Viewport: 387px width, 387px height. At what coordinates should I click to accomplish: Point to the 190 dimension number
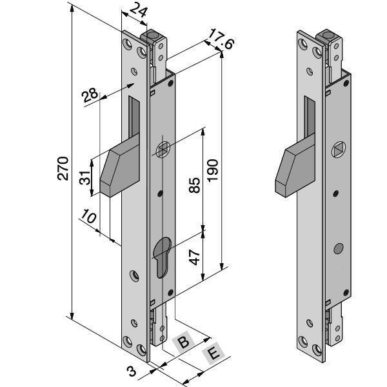pos(213,169)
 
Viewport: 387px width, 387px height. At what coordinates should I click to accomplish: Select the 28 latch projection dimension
pos(91,94)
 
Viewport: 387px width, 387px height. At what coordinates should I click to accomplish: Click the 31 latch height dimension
pos(84,177)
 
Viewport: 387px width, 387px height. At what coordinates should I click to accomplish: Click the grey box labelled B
pos(183,342)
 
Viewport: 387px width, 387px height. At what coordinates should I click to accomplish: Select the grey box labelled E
pos(212,354)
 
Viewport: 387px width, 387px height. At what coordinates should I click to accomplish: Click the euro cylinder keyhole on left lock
pos(164,256)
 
